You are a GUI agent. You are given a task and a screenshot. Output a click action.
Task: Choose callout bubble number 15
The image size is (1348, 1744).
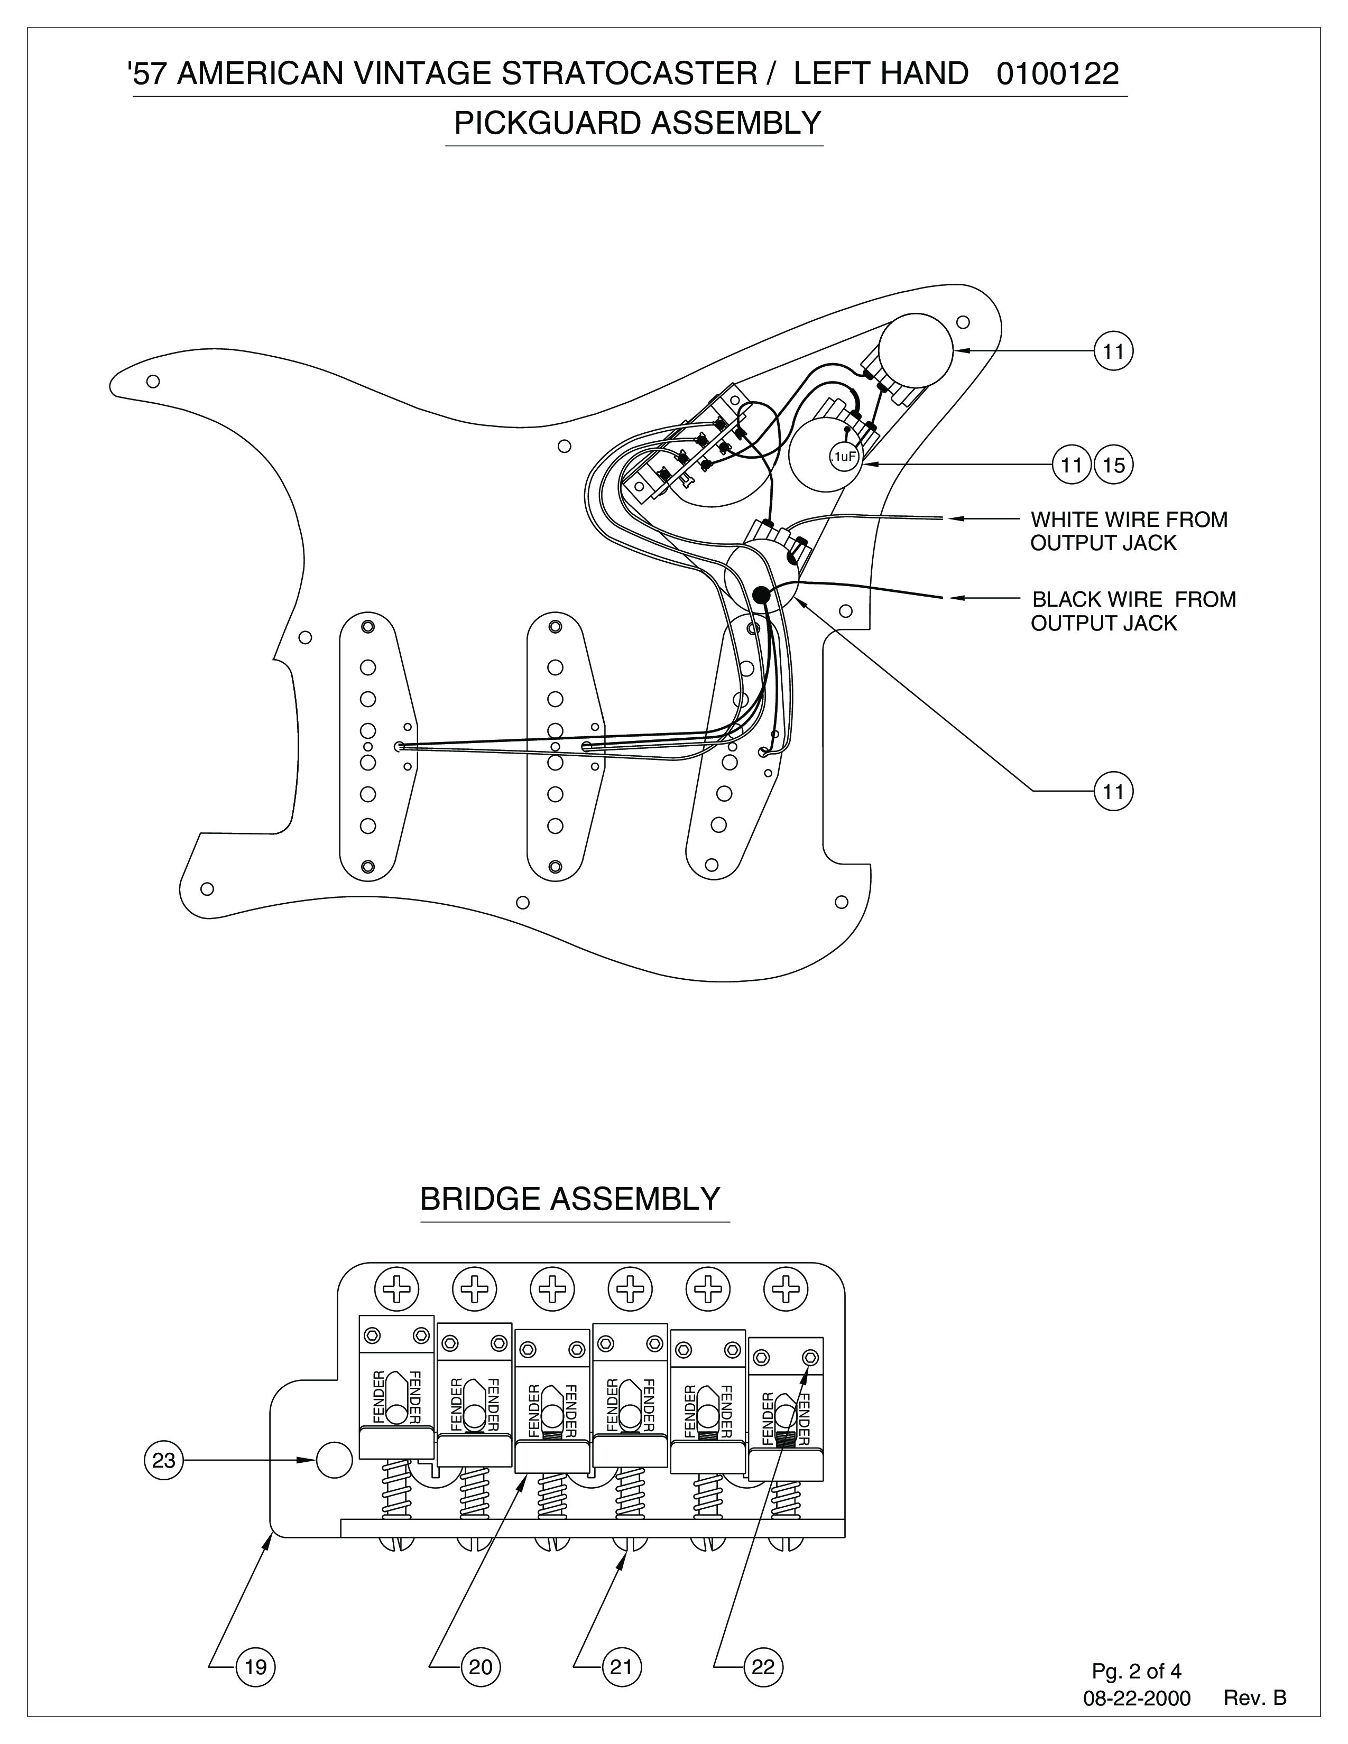(1113, 464)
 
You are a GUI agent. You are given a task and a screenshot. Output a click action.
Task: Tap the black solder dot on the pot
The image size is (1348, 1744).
(761, 594)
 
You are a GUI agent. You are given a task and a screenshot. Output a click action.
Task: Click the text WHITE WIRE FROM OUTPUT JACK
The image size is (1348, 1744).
(1129, 531)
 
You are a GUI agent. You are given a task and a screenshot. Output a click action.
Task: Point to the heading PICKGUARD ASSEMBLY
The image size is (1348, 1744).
(638, 124)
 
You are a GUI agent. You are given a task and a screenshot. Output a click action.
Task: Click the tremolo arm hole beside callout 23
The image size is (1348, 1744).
(334, 1460)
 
